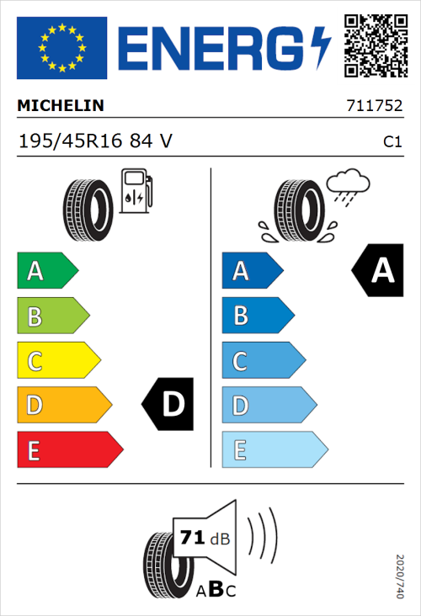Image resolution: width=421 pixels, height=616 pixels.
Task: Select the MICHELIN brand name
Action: [x=61, y=106]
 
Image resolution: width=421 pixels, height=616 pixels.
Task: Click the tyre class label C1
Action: [x=392, y=142]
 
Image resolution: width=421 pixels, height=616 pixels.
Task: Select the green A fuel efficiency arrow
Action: [x=46, y=271]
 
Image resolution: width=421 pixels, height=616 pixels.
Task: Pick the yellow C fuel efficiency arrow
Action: [x=57, y=361]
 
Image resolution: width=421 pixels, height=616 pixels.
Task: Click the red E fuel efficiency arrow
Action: [x=68, y=450]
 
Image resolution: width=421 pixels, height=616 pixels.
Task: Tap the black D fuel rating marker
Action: [x=169, y=406]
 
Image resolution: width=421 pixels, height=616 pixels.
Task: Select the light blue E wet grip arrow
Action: [x=273, y=450]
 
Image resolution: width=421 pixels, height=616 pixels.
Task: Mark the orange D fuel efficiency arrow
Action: [x=63, y=406]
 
